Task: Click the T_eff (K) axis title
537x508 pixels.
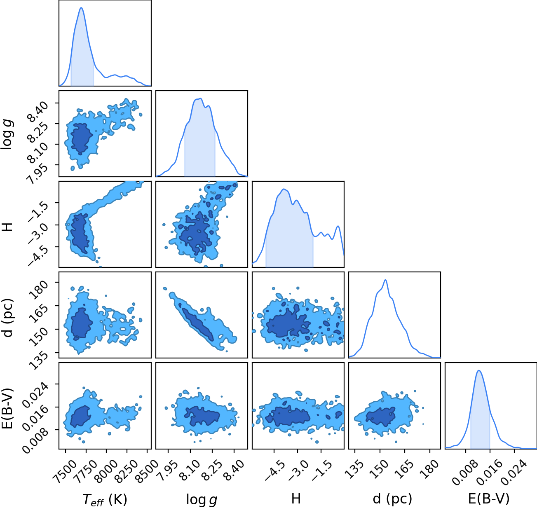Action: [105, 500]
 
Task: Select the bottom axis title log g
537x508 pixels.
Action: [202, 500]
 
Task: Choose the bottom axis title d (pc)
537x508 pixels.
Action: [392, 499]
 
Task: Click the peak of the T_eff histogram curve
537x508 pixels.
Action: [81, 8]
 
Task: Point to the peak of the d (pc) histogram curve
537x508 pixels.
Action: [385, 280]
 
